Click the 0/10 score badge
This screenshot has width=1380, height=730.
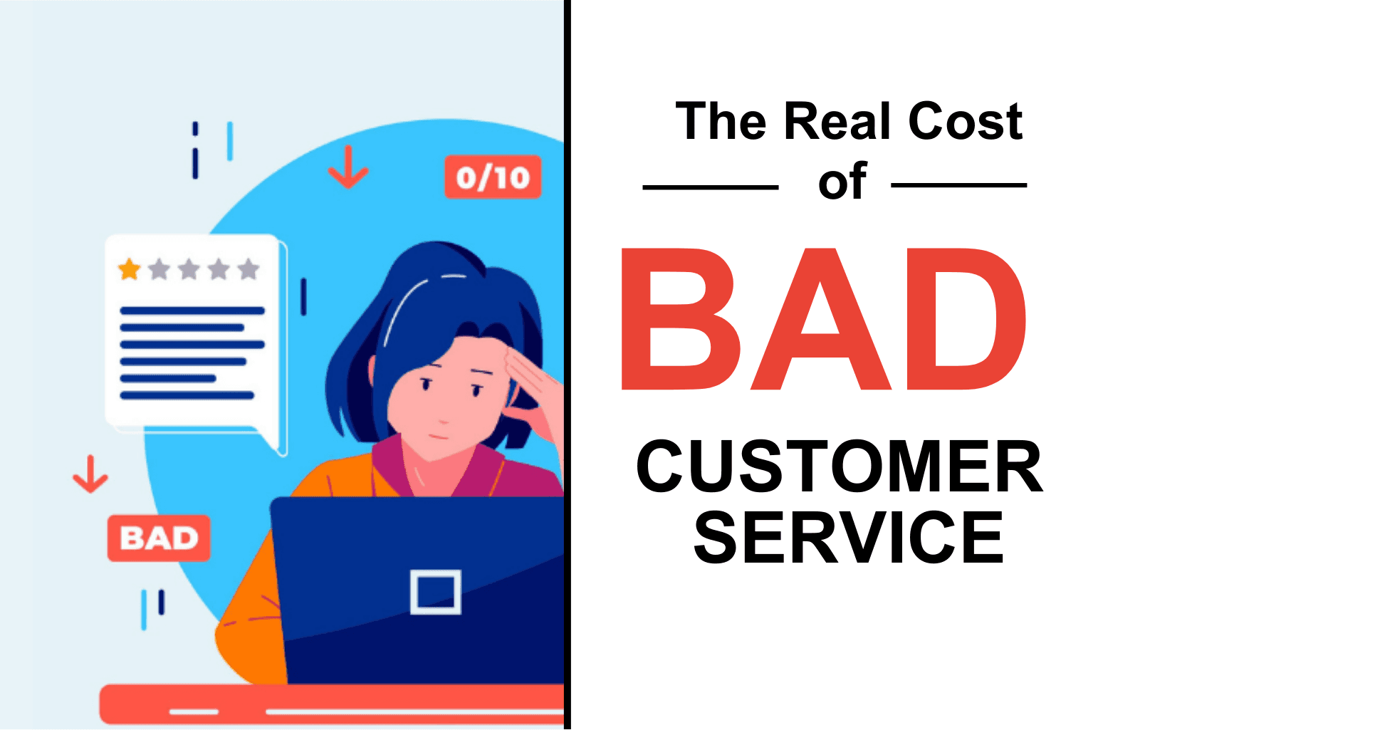coord(493,177)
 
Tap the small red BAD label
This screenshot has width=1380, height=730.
coord(159,538)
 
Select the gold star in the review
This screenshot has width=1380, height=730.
coord(129,270)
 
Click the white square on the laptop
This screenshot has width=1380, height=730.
coord(436,592)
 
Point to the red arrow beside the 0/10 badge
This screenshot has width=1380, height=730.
coord(348,167)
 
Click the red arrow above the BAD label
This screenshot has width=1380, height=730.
coord(90,474)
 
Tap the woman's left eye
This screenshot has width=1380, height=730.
coord(427,384)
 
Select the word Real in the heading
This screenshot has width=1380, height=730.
coord(837,121)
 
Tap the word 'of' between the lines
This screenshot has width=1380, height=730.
coord(842,182)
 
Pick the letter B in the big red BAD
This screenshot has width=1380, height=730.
coord(680,319)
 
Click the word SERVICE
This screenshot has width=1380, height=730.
coord(848,538)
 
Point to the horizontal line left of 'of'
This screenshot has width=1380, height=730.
coord(710,187)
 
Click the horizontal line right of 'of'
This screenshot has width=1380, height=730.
coord(958,185)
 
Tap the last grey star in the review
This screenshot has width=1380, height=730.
coord(249,270)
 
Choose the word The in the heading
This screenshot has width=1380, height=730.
coord(721,121)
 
